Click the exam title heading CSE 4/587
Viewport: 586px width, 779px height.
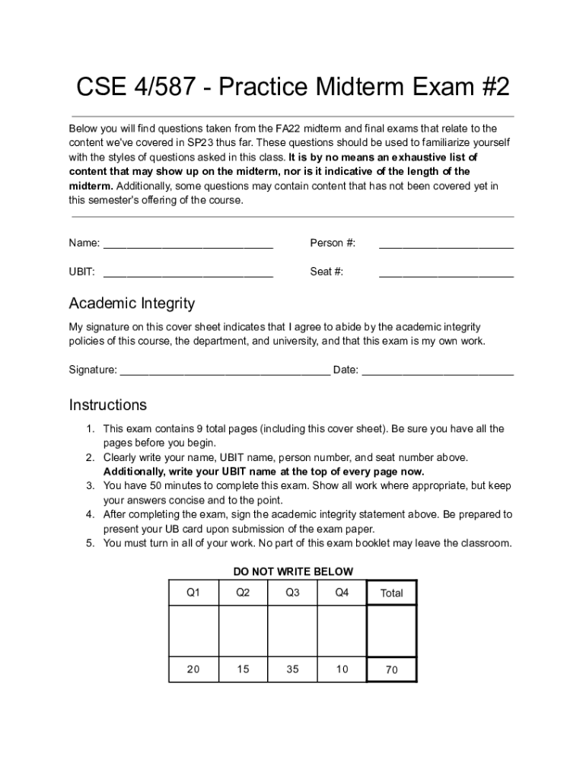tap(292, 88)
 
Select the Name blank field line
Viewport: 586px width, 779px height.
tap(188, 246)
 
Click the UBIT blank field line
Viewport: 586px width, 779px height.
tap(188, 274)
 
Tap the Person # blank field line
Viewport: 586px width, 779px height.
tap(446, 246)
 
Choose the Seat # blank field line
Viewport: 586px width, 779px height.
tap(446, 274)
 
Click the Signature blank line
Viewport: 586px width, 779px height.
tap(225, 373)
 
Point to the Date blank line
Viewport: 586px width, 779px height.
tap(438, 373)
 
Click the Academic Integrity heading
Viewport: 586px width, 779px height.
tap(132, 304)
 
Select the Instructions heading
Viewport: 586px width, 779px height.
tap(107, 405)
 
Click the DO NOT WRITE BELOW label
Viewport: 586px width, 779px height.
tap(293, 572)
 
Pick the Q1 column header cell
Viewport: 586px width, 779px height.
tap(193, 593)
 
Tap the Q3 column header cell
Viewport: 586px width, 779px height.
tap(292, 593)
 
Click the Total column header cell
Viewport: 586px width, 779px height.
tap(391, 593)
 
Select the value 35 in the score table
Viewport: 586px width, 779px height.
tap(292, 669)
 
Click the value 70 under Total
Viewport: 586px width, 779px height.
tap(391, 670)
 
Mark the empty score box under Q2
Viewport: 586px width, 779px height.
tap(243, 631)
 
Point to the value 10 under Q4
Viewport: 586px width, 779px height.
tap(342, 669)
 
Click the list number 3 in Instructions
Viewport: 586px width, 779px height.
tap(89, 486)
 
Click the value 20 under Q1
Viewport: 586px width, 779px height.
tap(193, 669)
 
